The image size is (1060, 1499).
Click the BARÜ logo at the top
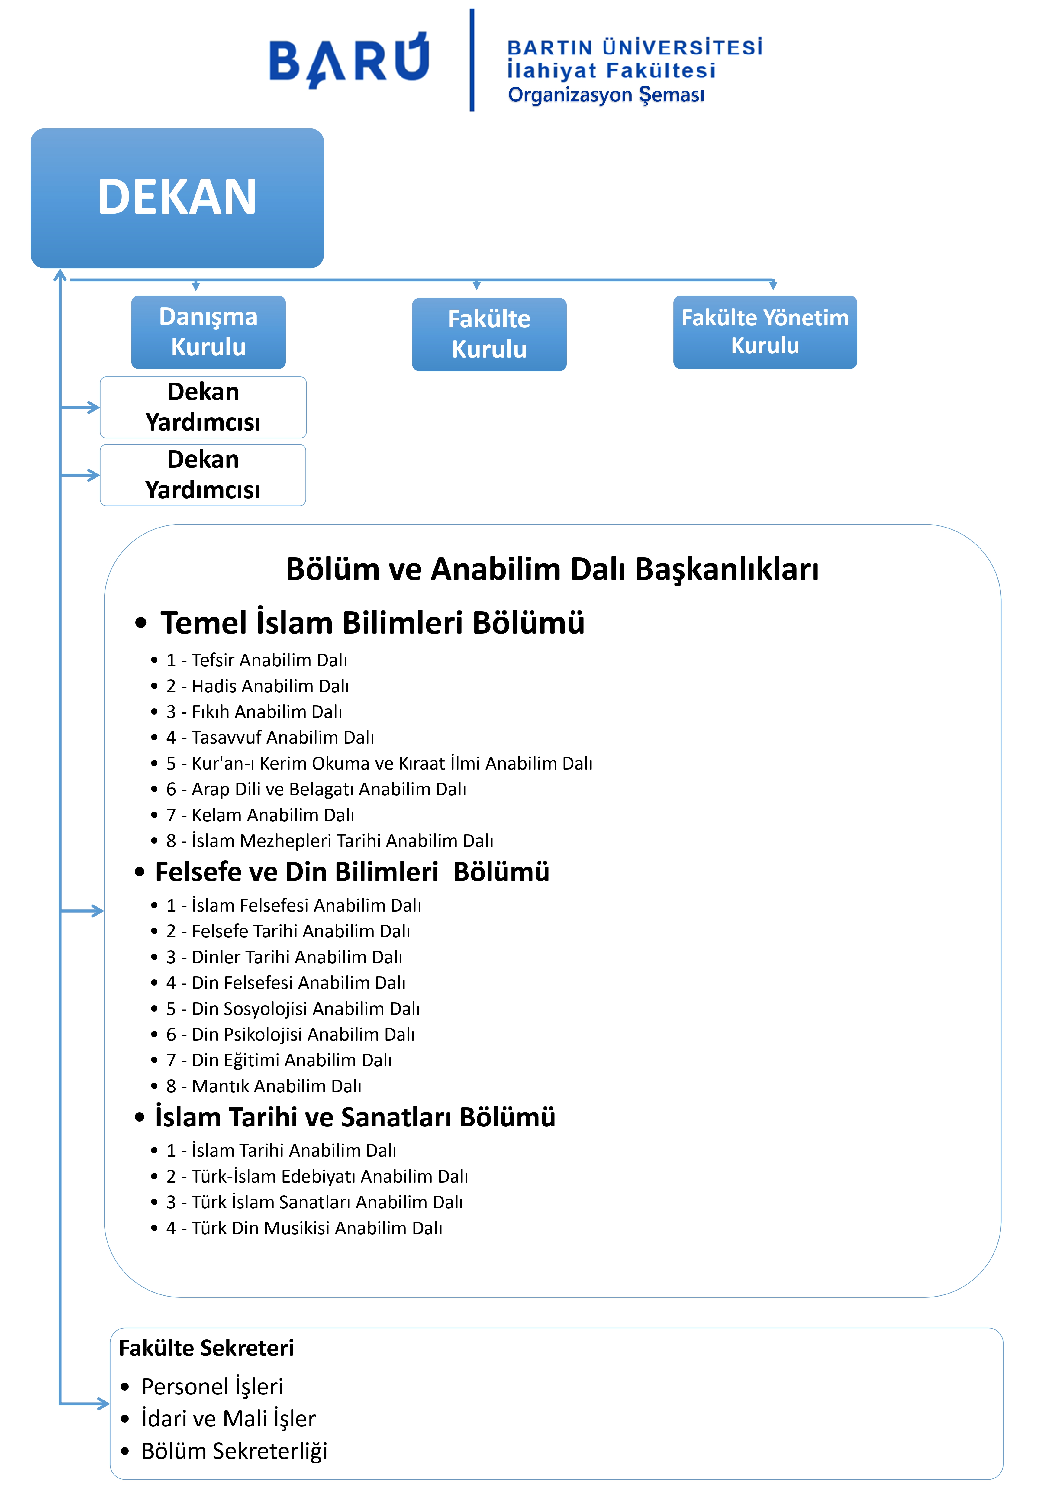[x=349, y=60]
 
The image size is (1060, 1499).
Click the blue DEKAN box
[x=177, y=198]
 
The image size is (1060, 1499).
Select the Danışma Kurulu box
[x=208, y=332]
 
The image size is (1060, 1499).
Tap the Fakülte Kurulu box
[x=489, y=334]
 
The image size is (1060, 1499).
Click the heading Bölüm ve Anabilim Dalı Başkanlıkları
[x=552, y=569]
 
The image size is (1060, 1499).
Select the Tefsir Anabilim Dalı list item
[x=269, y=660]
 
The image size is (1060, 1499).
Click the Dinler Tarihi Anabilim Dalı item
[x=297, y=957]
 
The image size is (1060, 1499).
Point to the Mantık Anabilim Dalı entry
[x=276, y=1086]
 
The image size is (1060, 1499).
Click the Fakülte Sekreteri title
[x=206, y=1348]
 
